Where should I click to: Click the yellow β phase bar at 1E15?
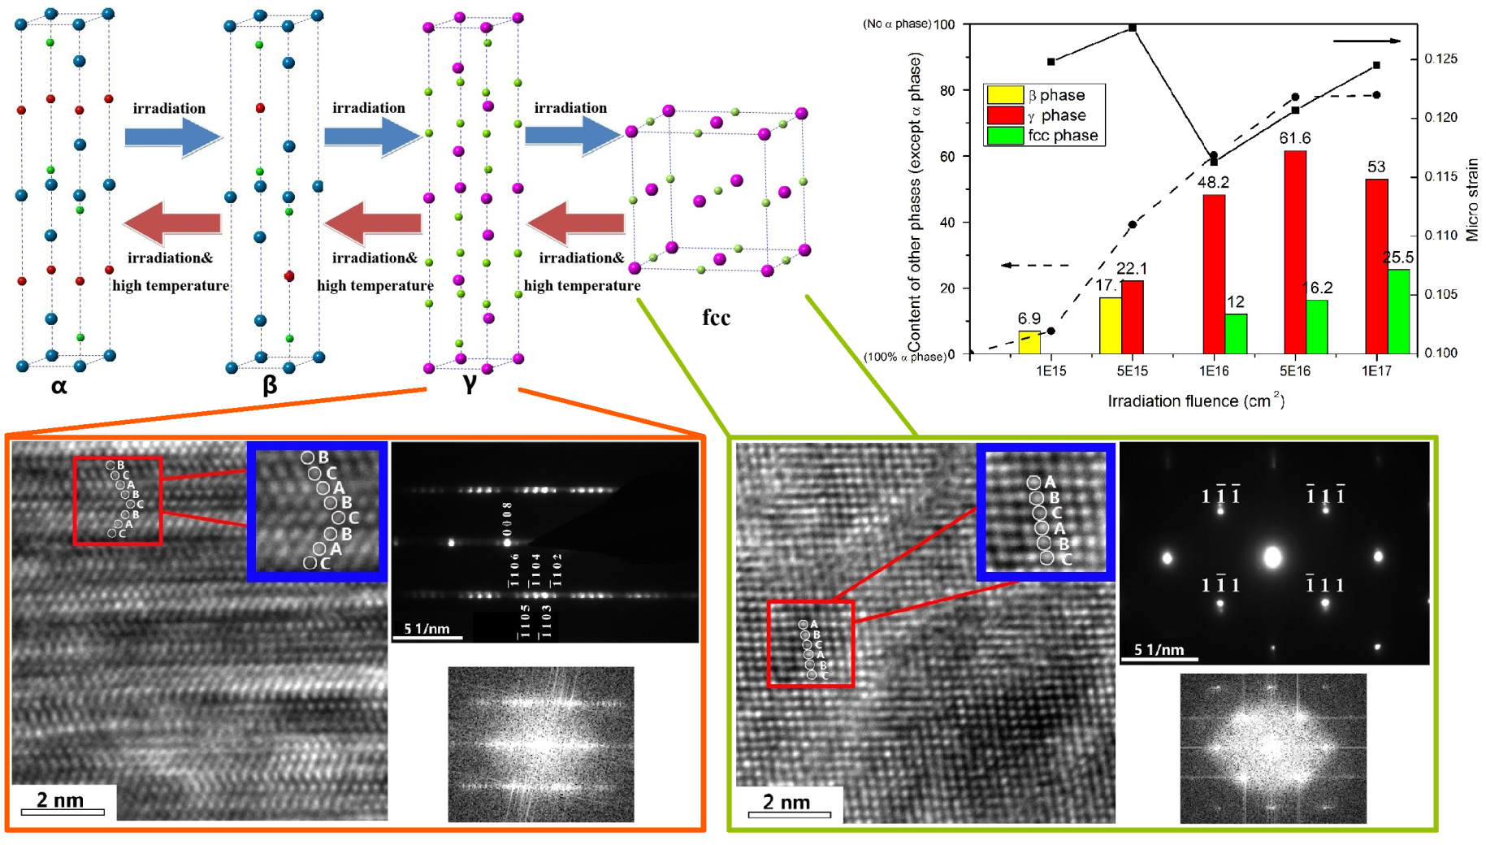coord(1029,342)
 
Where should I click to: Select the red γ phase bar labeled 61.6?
coord(1295,252)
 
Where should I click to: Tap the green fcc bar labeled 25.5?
coord(1398,311)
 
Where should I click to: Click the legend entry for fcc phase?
coord(1044,136)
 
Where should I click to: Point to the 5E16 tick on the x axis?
coord(1295,370)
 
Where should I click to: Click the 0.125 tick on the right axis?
coord(1441,58)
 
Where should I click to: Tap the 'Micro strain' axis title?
coord(1471,200)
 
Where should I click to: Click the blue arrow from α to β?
coord(172,136)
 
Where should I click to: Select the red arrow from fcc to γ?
coord(576,222)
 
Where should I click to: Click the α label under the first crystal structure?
coord(58,386)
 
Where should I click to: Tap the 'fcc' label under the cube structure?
coord(716,317)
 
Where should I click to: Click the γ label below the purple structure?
coord(469,383)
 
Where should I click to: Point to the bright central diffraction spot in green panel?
coord(1273,557)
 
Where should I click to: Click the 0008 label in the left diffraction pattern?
coord(507,517)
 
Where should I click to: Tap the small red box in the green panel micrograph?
coord(810,644)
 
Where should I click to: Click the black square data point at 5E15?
coord(1133,28)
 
